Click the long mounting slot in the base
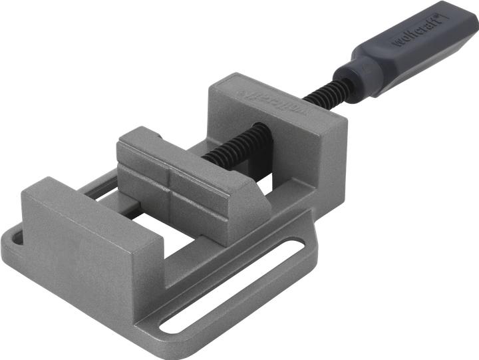pos(233,286)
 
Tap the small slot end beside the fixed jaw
pos(17,236)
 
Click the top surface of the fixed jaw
pos(86,213)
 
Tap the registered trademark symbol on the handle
pos(440,15)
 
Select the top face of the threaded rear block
pos(279,103)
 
